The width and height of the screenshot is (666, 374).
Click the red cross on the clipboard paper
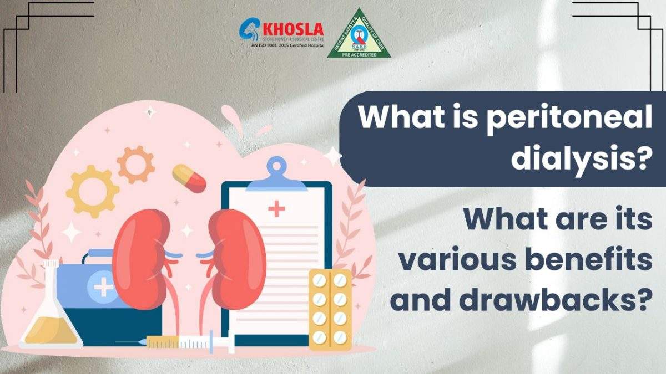click(276, 209)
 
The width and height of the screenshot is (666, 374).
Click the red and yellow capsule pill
click(189, 177)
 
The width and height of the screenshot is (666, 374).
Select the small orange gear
click(135, 164)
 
